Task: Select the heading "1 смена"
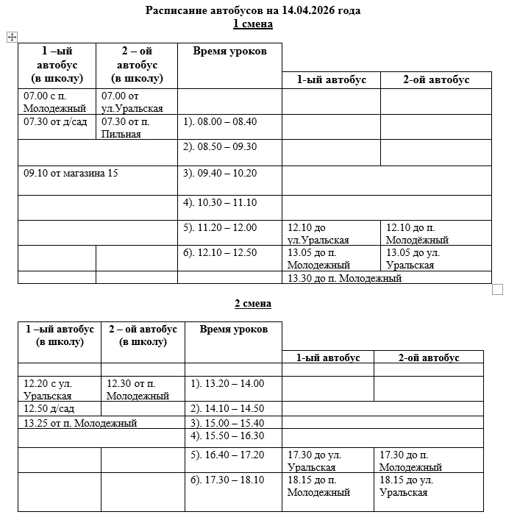coord(253,24)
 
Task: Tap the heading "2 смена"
coord(253,304)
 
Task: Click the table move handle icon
coord(12,37)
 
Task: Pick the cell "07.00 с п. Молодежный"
coord(49,102)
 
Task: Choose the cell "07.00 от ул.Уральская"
coord(132,102)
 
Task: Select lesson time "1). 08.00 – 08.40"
coord(220,121)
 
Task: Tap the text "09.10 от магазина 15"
coord(71,173)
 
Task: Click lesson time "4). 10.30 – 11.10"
coord(220,202)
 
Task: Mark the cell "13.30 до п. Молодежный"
coord(344,278)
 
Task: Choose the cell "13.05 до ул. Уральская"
coord(414,259)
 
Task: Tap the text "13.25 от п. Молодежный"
coord(80,423)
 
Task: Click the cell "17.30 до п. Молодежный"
coord(410,461)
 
